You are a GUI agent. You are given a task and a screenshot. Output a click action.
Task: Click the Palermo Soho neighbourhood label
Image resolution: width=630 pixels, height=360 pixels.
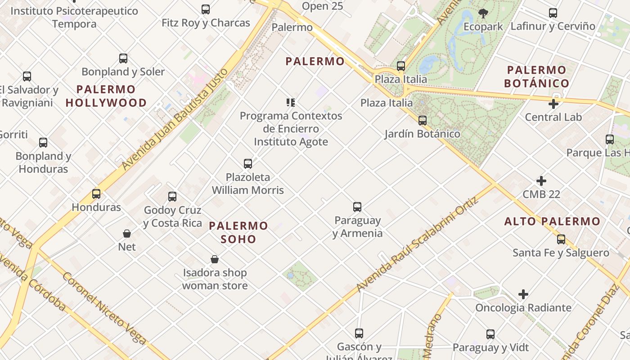click(238, 232)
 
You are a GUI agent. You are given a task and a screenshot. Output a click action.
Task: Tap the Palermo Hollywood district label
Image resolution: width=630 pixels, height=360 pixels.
click(106, 96)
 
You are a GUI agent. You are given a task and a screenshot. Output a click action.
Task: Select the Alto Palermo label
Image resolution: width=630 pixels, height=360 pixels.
click(552, 221)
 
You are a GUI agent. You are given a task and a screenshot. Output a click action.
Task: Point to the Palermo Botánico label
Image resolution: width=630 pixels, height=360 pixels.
click(537, 76)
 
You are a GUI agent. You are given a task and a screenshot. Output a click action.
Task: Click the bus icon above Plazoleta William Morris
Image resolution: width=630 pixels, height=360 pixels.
click(247, 163)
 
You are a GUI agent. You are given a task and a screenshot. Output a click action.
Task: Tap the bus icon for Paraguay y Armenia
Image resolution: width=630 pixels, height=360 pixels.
click(357, 207)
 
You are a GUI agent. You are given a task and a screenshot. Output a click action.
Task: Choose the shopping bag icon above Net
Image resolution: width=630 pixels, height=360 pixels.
click(127, 234)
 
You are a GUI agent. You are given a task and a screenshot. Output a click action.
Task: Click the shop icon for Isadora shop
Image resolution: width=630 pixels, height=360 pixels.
click(215, 259)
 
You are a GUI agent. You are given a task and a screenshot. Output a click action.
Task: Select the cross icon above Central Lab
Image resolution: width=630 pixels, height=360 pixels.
click(553, 104)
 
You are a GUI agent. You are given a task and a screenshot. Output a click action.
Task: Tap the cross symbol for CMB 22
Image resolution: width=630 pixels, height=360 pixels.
click(541, 181)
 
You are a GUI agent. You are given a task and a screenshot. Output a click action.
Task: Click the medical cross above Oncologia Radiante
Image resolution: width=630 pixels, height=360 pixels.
click(523, 294)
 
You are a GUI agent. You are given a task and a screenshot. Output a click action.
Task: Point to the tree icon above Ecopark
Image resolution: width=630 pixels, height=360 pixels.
click(483, 13)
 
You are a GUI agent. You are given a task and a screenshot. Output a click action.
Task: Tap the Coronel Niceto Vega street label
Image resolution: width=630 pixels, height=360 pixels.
click(104, 308)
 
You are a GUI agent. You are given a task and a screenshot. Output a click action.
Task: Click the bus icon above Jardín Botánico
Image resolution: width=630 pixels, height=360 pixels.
click(422, 120)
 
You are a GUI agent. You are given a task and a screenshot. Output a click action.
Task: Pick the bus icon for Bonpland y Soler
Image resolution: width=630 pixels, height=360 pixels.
click(123, 58)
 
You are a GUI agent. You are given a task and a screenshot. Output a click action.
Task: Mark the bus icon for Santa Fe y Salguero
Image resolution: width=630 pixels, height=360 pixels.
click(561, 239)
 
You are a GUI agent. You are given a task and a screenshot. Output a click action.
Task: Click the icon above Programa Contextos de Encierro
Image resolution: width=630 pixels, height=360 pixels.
click(290, 103)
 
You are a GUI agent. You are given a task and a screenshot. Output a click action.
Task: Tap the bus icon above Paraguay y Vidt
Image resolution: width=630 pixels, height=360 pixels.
click(490, 334)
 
